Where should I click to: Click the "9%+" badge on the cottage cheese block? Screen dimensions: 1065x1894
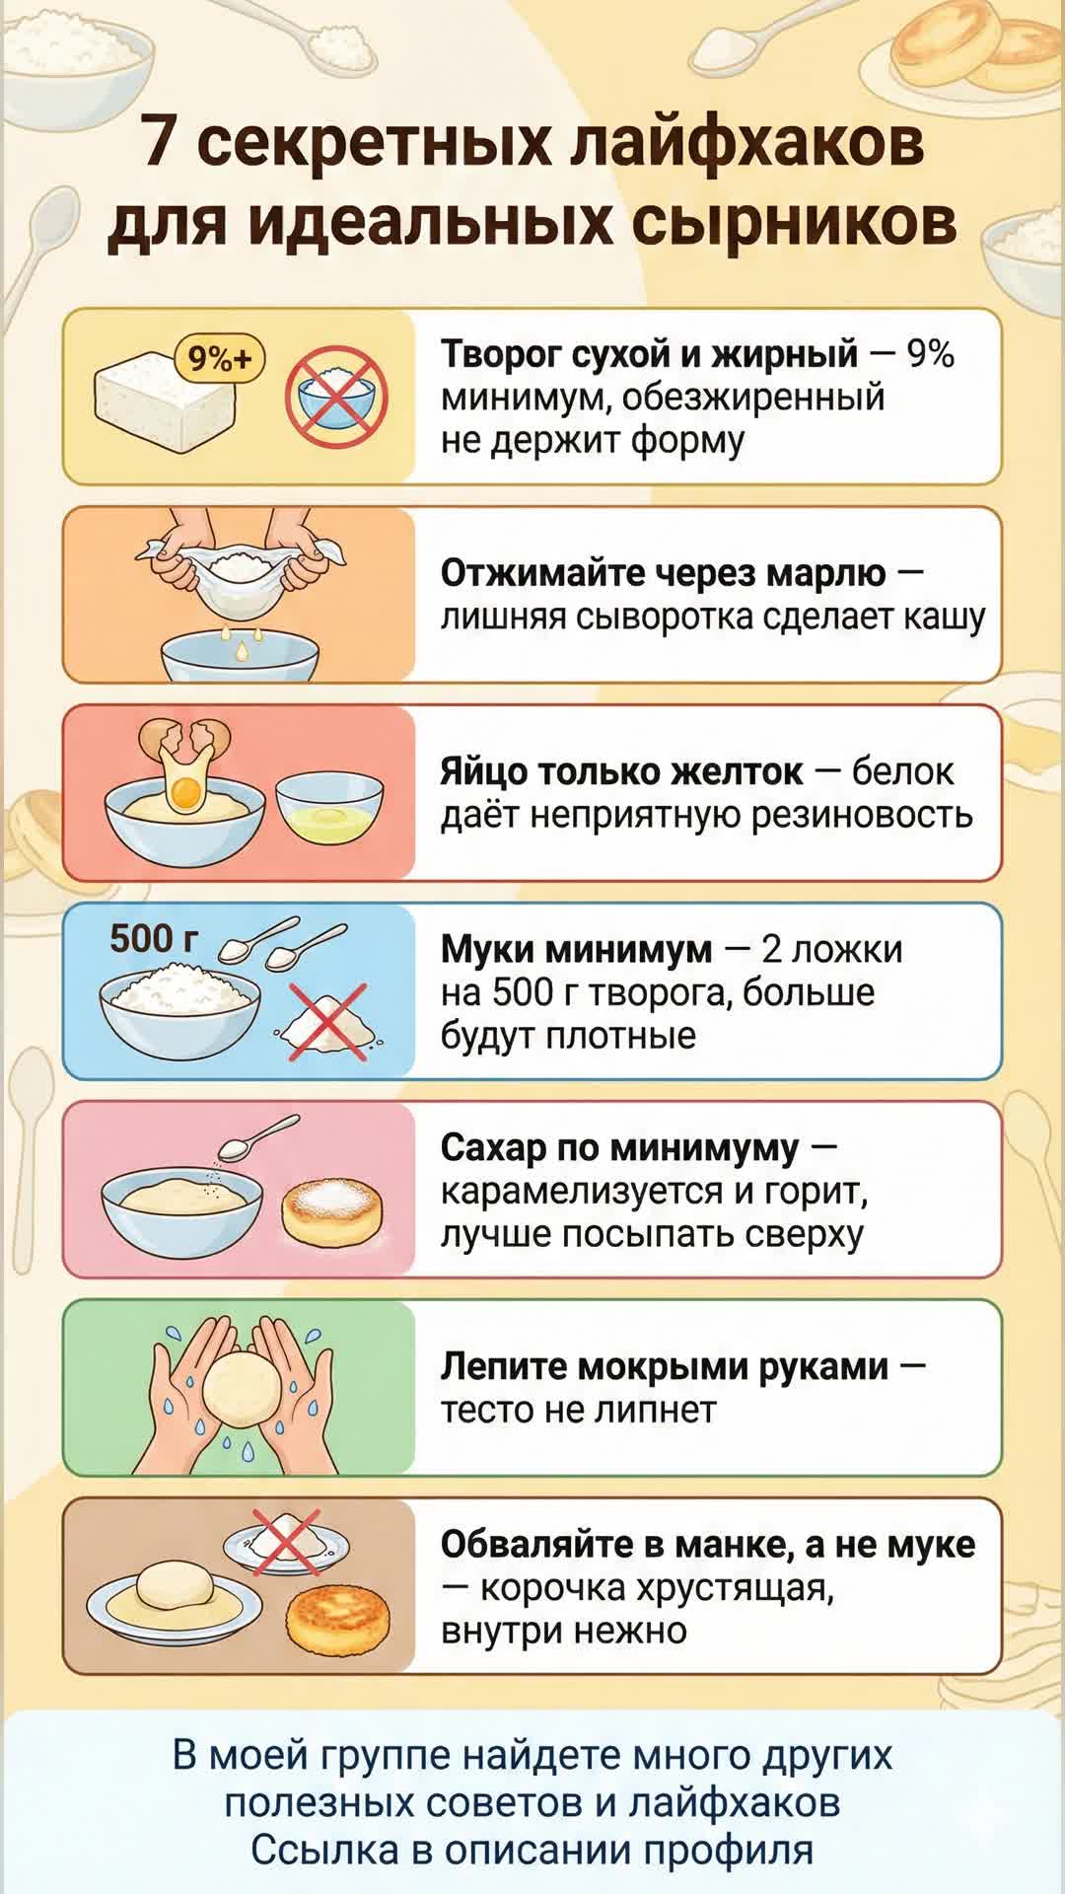point(220,358)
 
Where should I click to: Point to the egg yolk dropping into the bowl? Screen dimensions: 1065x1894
point(184,790)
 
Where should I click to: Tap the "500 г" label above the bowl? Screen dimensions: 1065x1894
point(154,938)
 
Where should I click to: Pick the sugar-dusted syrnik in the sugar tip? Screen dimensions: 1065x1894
point(332,1213)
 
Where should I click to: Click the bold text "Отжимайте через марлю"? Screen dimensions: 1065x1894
point(664,572)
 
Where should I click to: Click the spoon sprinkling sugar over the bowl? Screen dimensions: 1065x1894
point(257,1137)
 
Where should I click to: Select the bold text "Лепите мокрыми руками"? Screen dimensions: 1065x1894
point(665,1366)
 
